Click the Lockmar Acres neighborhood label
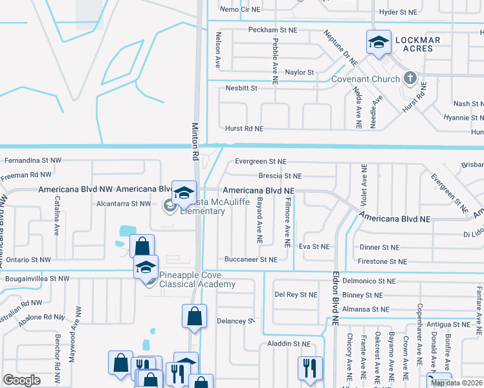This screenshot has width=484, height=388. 417,45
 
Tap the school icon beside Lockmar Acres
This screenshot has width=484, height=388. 379,43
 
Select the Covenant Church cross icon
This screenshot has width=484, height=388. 409,78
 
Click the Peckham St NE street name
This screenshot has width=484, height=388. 272,30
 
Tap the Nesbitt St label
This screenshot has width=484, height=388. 241,87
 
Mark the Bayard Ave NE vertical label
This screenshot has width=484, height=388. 259,221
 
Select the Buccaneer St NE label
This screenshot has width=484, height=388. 251,259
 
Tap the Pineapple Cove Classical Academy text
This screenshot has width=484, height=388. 197,280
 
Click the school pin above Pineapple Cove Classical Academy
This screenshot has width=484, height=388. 146,267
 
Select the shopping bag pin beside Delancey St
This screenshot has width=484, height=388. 194,316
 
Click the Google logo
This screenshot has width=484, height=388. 21,380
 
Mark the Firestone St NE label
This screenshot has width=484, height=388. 382,261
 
